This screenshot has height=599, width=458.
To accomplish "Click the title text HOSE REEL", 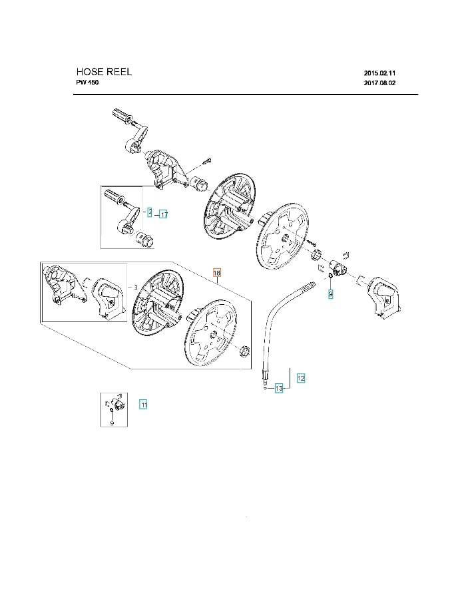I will (104, 72).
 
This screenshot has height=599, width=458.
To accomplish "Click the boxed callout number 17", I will (163, 214).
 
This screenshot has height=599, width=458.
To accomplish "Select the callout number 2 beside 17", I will (150, 212).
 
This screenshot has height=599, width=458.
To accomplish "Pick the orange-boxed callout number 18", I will (216, 273).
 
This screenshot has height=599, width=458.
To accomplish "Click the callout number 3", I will (135, 287).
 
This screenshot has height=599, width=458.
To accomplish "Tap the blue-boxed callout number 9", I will (330, 293).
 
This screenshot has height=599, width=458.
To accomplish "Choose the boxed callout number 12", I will (301, 378).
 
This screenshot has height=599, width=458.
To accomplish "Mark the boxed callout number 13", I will (279, 388).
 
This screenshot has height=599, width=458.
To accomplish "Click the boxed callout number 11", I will (143, 404).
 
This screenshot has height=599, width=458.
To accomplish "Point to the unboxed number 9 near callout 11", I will (112, 423).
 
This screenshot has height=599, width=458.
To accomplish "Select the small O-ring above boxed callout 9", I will (330, 276).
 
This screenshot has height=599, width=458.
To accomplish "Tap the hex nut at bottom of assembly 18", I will (244, 350).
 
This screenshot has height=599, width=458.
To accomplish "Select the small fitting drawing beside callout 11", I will (114, 404).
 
